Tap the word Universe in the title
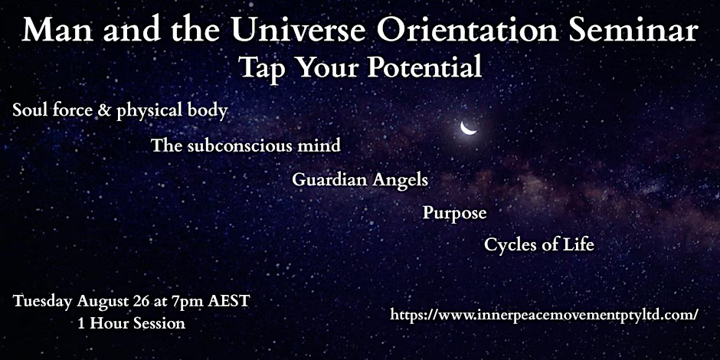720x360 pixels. [x=303, y=31]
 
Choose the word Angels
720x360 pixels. [x=400, y=181]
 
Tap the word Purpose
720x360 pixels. [x=454, y=214]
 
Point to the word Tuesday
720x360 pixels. [x=43, y=302]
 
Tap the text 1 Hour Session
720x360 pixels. [x=131, y=323]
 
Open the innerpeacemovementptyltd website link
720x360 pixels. [x=545, y=315]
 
